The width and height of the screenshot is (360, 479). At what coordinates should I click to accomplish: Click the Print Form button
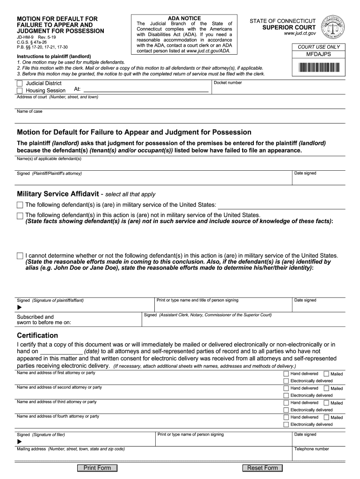click(97, 468)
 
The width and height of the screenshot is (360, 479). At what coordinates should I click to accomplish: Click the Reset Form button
click(262, 468)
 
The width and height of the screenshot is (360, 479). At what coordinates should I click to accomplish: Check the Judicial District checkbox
click(20, 83)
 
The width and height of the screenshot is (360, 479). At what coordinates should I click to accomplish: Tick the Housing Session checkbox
click(20, 90)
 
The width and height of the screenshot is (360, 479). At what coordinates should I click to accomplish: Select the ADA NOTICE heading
click(184, 18)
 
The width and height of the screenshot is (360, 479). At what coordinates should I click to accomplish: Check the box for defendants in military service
click(20, 205)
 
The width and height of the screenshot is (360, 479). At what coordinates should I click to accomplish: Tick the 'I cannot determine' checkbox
click(20, 256)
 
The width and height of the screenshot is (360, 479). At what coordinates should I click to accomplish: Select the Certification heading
click(37, 335)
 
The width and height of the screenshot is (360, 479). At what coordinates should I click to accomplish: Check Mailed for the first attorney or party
click(326, 374)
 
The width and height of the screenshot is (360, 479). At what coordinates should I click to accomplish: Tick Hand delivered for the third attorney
click(286, 403)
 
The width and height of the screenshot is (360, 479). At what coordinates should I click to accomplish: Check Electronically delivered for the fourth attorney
click(286, 425)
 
